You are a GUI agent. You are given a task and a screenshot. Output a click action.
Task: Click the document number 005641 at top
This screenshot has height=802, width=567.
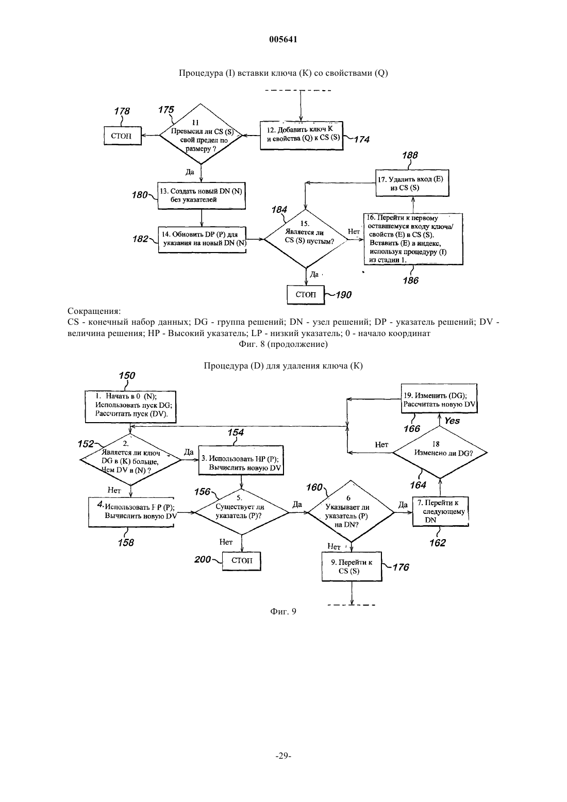tap(283, 39)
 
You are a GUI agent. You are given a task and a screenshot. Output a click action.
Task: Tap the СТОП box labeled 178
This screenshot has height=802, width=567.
tap(123, 136)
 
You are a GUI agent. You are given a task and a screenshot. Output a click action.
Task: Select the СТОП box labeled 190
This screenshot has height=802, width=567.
tap(306, 295)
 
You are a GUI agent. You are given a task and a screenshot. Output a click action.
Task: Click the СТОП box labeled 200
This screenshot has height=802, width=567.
tap(242, 561)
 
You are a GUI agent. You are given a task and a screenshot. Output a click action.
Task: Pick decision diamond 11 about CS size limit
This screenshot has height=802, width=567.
tap(201, 134)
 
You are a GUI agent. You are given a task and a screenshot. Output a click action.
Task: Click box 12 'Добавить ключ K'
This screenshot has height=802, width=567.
tap(302, 136)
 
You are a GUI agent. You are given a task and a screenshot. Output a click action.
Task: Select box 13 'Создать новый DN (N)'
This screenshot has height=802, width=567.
tap(202, 195)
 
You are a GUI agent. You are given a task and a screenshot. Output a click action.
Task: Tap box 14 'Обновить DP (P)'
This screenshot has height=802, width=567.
tap(202, 240)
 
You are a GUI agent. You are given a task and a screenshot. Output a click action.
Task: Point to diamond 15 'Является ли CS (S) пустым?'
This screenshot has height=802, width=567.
tap(305, 239)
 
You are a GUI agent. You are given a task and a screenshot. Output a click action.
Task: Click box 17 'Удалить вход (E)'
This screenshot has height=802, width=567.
tap(412, 183)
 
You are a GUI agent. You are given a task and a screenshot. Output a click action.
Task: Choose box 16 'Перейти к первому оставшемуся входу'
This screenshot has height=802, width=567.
tap(413, 239)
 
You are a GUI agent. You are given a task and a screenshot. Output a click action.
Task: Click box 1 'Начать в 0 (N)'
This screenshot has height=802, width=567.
tap(130, 406)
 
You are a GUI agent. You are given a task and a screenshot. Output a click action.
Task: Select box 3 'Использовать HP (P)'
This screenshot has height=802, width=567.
tap(241, 460)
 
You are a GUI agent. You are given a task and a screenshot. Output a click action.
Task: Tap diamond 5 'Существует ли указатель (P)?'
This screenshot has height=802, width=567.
tap(242, 512)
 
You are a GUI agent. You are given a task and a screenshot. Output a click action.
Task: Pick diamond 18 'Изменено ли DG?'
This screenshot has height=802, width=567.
tap(440, 452)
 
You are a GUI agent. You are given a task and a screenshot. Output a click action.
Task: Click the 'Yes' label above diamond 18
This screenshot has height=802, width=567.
tap(452, 421)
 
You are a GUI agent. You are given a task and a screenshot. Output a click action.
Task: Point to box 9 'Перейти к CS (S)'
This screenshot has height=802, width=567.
tap(352, 566)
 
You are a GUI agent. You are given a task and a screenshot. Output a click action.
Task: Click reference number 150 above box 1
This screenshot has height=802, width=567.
tap(127, 376)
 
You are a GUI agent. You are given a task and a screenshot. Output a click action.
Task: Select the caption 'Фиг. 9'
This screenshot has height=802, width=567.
tap(283, 611)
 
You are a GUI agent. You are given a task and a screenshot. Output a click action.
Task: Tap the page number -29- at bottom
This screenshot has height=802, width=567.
tap(283, 756)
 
